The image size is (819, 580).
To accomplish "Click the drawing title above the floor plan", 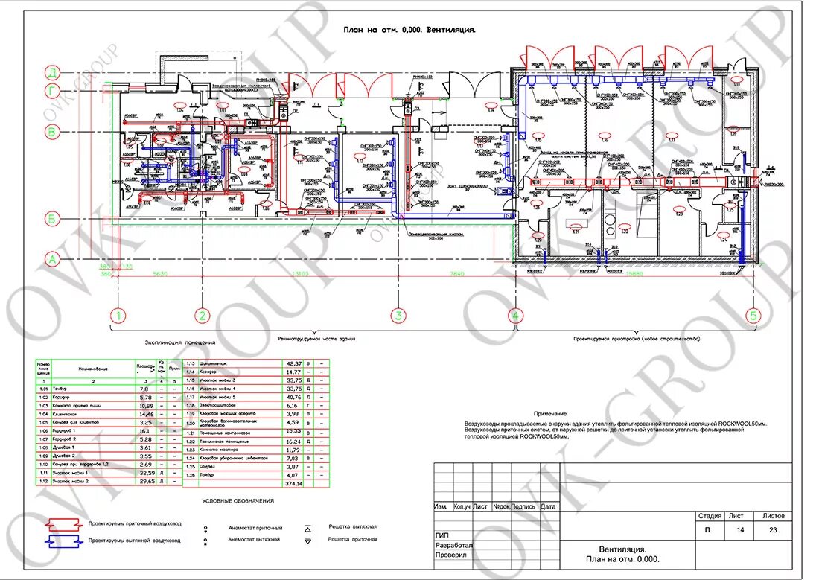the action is (409, 31).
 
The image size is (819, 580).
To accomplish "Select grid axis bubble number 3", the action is (398, 316).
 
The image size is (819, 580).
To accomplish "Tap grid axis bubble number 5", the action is (753, 316).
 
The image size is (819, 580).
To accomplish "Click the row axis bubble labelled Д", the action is (52, 72).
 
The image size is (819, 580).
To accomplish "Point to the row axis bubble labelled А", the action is (52, 259).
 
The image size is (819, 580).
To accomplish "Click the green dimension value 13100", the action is (301, 274).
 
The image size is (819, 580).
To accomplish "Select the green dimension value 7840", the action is (456, 274).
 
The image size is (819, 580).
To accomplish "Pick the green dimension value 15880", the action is (634, 274).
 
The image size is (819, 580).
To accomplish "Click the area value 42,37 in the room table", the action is (293, 363).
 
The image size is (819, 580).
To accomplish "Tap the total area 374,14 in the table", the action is (293, 484).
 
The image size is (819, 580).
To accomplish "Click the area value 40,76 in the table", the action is (293, 396).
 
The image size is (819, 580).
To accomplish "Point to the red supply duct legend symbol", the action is (63, 523).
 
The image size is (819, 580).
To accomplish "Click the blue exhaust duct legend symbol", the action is (63, 540).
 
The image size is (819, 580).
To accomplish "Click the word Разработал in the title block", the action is (453, 545).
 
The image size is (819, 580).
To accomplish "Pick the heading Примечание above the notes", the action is (550, 413).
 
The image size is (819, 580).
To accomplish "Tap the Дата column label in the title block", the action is (549, 506).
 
